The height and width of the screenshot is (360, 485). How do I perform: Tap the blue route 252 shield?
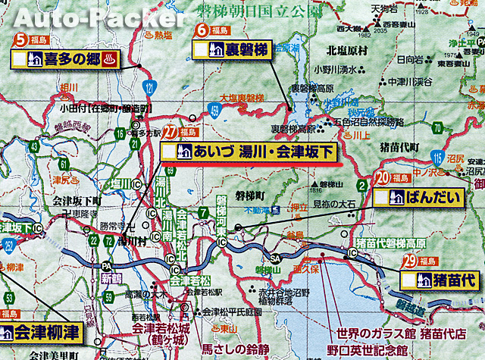[8, 246]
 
